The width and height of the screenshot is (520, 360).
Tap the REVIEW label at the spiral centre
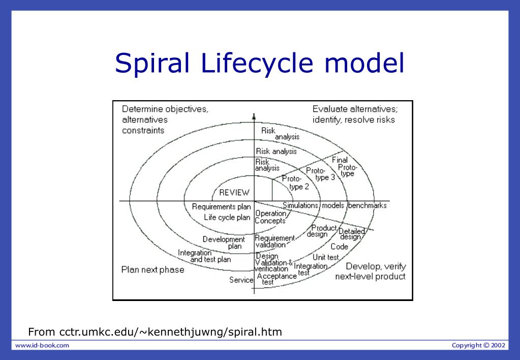234,193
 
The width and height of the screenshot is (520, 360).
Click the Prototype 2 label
295,183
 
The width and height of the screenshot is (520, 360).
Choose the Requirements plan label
221,207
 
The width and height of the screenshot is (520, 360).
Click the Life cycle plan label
227,218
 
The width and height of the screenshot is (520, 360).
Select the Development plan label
224,243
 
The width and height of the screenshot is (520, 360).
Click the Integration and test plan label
204,256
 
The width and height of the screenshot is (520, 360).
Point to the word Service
241,280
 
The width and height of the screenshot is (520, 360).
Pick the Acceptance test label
276,278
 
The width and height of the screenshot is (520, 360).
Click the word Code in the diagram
339,247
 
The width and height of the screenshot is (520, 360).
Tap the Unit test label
325,257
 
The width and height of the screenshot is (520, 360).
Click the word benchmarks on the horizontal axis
367,206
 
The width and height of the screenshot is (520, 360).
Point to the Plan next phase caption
152,269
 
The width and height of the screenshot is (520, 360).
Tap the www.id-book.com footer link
42,346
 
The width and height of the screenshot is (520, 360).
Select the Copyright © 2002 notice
478,346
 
